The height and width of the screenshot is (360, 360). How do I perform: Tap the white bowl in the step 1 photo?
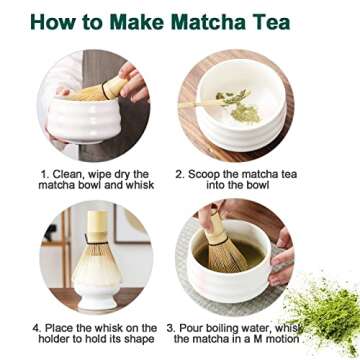(x=95, y=125)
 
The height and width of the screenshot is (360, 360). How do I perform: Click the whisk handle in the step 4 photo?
(x=96, y=225)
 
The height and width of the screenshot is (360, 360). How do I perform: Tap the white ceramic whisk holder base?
(x=96, y=295)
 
